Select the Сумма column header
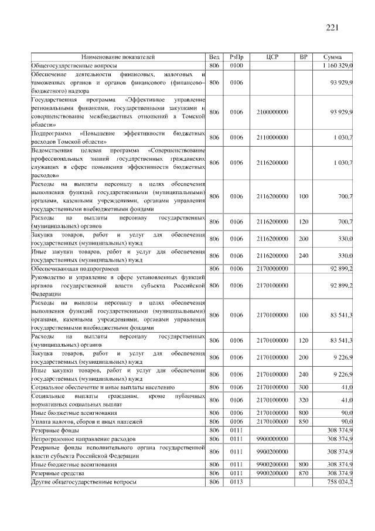click(x=333, y=57)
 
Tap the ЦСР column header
click(x=271, y=57)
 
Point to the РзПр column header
click(x=236, y=57)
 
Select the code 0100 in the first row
click(x=236, y=66)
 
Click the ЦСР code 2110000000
click(x=271, y=137)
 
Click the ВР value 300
click(x=303, y=387)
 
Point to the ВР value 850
click(x=303, y=421)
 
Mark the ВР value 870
click(x=303, y=472)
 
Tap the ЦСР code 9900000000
click(x=271, y=438)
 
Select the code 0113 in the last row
click(x=236, y=481)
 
